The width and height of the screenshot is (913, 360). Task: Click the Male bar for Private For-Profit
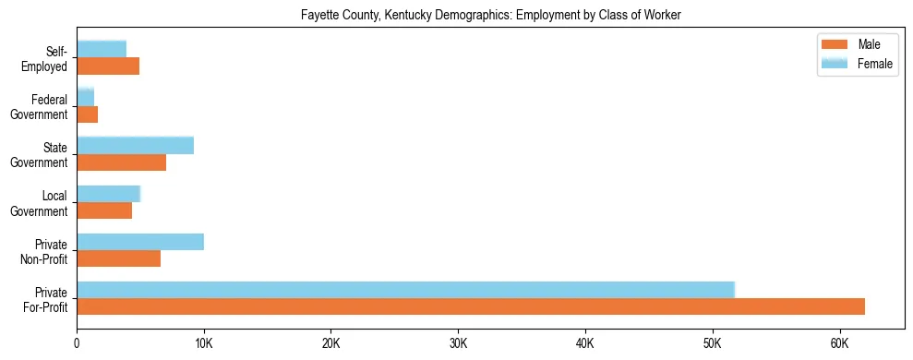tap(471, 306)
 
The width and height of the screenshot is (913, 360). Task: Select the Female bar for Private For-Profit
tap(405, 290)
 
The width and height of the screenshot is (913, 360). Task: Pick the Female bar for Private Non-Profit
tap(140, 242)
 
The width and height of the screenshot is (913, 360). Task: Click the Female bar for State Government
tap(135, 145)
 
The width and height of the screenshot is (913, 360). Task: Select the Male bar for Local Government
tap(104, 210)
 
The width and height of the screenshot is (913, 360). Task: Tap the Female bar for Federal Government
tap(85, 97)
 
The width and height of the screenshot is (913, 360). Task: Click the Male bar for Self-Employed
tap(108, 66)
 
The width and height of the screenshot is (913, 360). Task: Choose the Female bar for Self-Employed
tap(102, 49)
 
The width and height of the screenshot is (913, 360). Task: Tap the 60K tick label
tap(839, 342)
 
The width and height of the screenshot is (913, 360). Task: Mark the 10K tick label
tap(204, 342)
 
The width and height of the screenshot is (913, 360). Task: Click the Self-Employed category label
tap(46, 58)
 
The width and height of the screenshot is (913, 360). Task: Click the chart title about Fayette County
tap(490, 16)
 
